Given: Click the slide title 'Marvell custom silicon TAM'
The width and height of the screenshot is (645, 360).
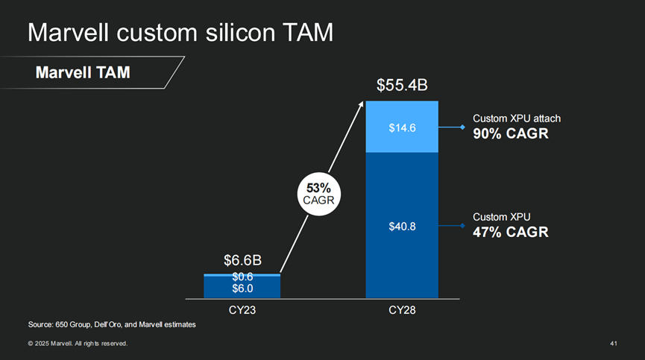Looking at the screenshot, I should coord(180,33).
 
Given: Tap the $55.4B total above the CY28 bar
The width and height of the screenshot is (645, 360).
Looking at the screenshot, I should coord(402,84).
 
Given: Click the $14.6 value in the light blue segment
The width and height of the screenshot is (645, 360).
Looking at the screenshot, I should coord(402,128).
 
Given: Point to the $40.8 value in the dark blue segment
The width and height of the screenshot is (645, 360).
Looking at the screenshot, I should coord(402,227).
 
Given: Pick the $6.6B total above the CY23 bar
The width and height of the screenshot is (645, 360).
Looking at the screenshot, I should coord(242,260).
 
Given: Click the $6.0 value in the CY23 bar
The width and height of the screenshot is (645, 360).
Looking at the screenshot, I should coord(242,288).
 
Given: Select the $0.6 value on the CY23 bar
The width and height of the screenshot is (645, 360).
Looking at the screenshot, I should coord(242,277).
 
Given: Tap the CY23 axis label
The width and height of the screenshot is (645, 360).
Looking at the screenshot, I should coord(242,310).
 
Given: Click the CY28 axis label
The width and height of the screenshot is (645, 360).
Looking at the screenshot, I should coord(402,310).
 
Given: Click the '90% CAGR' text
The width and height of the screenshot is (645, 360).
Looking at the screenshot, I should coord(511,133).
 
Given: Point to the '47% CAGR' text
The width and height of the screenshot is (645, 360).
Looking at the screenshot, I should coord(511,232).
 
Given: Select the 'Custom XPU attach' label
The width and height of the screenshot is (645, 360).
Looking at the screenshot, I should coord(516,119).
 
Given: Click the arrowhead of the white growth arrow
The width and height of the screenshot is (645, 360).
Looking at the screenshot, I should coord(362,104).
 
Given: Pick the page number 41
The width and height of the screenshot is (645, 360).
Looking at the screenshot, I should coord(614,344).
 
